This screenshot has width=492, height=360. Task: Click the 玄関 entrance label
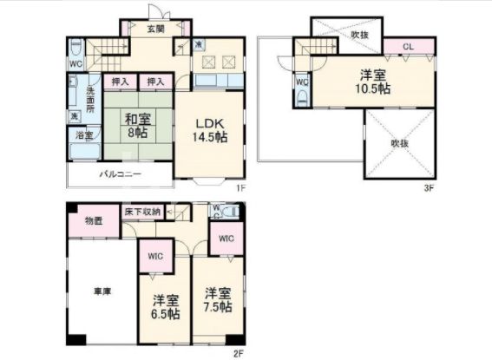click(156, 29)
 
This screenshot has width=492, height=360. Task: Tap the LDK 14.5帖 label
click(210, 128)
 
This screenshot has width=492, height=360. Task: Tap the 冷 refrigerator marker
click(199, 45)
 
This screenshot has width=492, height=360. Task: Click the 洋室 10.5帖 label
click(373, 82)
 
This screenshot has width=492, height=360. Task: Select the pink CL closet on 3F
click(407, 46)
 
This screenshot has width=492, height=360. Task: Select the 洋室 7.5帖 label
click(218, 299)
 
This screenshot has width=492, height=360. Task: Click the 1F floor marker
click(246, 186)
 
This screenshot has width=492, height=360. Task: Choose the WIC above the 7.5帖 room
click(226, 239)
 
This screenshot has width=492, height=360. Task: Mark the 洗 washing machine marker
click(75, 115)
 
